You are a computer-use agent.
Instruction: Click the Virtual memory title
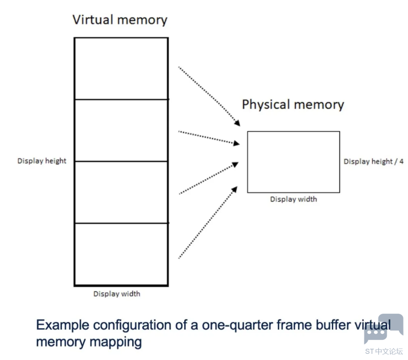(119, 20)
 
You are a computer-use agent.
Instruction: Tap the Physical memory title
(292, 104)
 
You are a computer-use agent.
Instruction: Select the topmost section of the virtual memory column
(121, 68)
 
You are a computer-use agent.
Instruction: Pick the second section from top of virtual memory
(121, 130)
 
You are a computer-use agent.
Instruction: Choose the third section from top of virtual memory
(121, 192)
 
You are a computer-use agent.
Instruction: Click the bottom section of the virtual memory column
(121, 254)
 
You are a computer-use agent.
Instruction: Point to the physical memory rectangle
(293, 162)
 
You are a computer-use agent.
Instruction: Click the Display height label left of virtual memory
(42, 161)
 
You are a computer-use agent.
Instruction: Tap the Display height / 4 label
(373, 161)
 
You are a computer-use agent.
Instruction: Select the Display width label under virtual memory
(117, 294)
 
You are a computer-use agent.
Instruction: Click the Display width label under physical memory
(293, 199)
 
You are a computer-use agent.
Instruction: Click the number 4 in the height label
(401, 161)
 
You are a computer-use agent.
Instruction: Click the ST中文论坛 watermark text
(383, 351)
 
